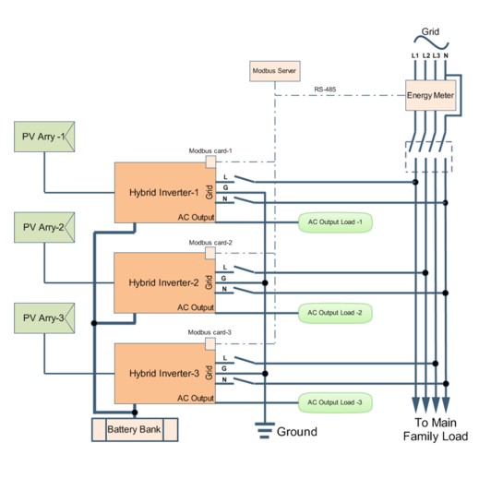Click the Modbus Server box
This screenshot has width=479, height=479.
click(275, 71)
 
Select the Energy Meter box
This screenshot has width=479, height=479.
click(430, 95)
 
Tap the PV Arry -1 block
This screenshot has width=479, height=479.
click(44, 137)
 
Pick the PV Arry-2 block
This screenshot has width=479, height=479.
click(44, 227)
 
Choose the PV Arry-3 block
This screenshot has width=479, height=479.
click(44, 318)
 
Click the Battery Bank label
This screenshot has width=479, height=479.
click(134, 429)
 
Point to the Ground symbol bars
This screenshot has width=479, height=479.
click(265, 430)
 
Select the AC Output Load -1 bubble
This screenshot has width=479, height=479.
click(335, 222)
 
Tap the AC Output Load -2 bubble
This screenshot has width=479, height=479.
click(335, 313)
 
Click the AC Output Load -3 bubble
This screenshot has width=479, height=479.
click(335, 402)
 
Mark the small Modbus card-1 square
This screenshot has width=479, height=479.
click(210, 162)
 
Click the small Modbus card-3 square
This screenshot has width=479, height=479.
click(210, 343)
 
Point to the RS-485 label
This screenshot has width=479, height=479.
click(325, 90)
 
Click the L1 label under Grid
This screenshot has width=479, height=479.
click(415, 55)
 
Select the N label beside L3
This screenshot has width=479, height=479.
click(446, 55)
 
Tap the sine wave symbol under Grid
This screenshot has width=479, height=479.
click(431, 42)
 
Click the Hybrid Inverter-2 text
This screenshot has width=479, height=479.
click(163, 282)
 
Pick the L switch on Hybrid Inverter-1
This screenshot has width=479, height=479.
click(245, 179)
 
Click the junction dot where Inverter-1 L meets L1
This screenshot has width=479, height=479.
click(415, 182)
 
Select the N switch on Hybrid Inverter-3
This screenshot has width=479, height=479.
click(244, 381)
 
